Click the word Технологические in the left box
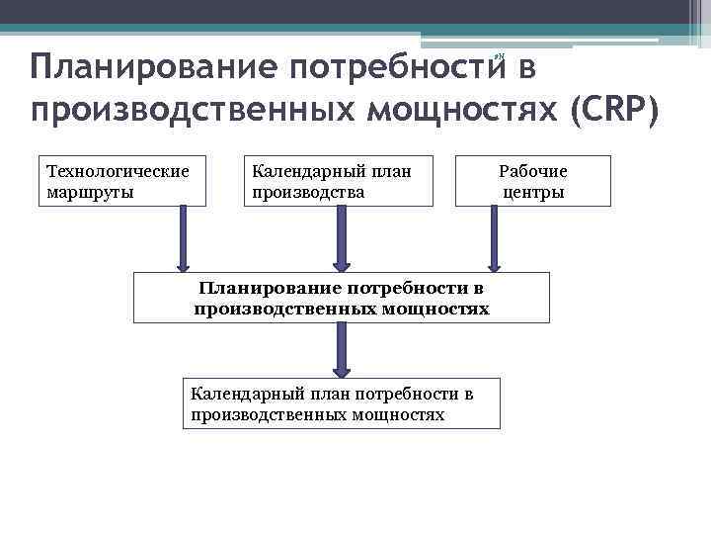118,171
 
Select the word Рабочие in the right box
533,171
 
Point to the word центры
533,191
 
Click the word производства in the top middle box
309,191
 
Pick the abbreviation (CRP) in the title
612,108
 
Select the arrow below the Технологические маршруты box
184,237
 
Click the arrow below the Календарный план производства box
342,237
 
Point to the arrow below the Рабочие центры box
494,237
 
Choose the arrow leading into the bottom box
342,350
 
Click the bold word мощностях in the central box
440,309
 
